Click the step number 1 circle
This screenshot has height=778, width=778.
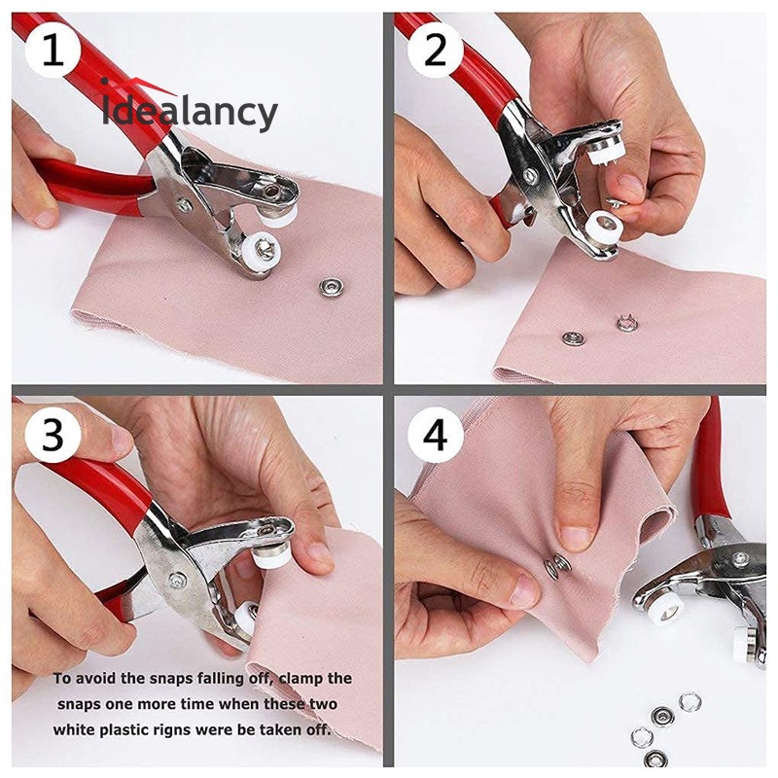click(53, 51)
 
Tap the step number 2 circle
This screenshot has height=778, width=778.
click(435, 51)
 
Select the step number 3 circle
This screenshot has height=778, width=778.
click(53, 435)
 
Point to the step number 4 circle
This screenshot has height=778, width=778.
click(435, 435)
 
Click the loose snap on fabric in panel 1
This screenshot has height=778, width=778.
click(329, 287)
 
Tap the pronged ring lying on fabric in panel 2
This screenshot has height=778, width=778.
click(626, 323)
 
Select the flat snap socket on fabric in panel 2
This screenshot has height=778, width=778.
click(573, 338)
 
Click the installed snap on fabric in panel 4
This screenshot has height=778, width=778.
click(557, 566)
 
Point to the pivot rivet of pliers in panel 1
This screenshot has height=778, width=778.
click(184, 204)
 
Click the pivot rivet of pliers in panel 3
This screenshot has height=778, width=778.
click(176, 580)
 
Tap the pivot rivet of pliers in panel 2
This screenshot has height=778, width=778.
click(531, 174)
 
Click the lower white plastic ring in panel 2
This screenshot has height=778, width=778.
click(603, 226)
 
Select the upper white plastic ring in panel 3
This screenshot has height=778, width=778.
click(271, 557)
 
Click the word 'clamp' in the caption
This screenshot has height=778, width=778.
click(301, 679)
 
